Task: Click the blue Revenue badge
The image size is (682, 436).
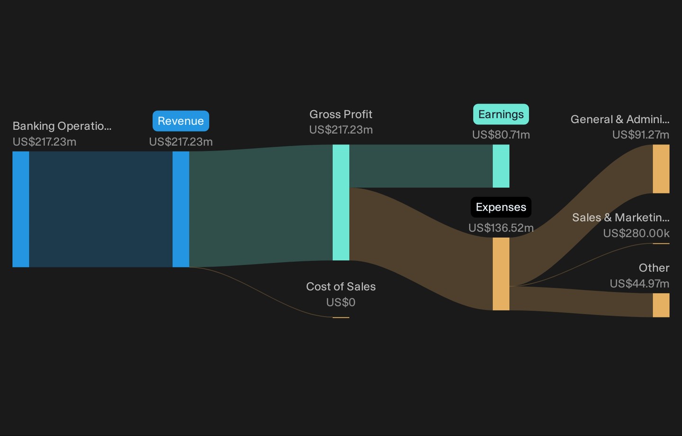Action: tap(181, 121)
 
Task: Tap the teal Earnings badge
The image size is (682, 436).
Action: tap(501, 114)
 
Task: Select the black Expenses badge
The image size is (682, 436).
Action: tap(501, 207)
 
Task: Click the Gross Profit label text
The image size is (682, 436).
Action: tap(341, 114)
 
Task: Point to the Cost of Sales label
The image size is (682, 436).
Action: tap(341, 286)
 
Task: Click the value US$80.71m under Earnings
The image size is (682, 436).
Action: tap(501, 135)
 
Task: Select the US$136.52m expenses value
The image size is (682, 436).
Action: tap(501, 228)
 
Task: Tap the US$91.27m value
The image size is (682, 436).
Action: tap(641, 135)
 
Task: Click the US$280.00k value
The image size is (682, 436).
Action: tap(636, 233)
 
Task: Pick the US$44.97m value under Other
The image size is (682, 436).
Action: tap(639, 284)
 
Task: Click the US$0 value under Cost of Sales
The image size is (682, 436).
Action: tap(341, 302)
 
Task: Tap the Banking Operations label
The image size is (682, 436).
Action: tap(62, 126)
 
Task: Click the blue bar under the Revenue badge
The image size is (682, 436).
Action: tap(181, 209)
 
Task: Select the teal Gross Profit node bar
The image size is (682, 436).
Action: tap(341, 202)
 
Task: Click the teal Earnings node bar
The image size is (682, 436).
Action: tap(501, 166)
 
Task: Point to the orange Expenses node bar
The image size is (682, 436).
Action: tap(501, 274)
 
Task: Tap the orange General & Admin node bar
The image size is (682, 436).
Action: tap(661, 169)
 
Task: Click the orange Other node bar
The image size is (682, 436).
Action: tap(661, 305)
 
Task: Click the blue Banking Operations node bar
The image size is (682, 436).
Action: tap(21, 209)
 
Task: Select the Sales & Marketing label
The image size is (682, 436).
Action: tap(620, 218)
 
